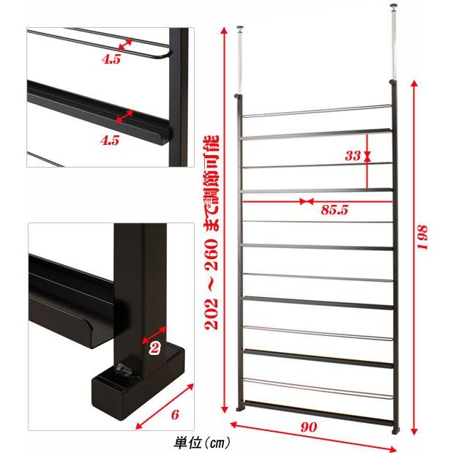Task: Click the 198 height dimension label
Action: click(422, 237)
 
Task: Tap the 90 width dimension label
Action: click(308, 427)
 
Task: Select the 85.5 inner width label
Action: click(334, 209)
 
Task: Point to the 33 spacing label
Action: click(353, 156)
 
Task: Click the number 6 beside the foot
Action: click(175, 414)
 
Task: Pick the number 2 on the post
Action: click(154, 348)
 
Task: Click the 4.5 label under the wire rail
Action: click(111, 59)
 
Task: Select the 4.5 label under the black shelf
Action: click(110, 140)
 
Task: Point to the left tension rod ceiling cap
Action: click(240, 28)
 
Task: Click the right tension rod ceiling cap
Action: click(393, 7)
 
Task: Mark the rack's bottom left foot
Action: click(240, 408)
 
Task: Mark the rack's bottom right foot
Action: click(395, 430)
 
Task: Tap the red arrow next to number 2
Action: click(154, 335)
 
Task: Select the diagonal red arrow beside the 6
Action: click(165, 406)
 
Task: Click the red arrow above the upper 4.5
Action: click(125, 45)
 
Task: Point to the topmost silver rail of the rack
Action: click(317, 111)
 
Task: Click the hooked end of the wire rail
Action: click(165, 55)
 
